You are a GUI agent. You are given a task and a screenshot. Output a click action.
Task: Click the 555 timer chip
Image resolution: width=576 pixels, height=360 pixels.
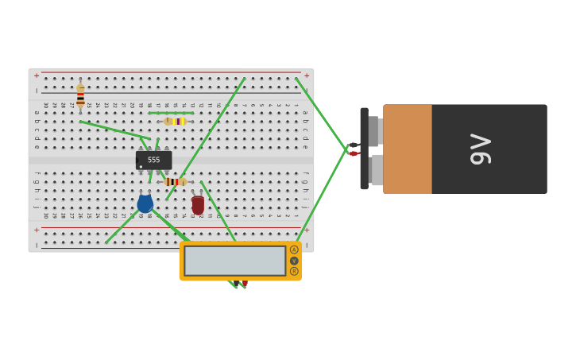(x=153, y=160)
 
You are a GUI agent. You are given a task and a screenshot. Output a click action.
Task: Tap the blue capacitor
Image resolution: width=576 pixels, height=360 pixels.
(x=145, y=203)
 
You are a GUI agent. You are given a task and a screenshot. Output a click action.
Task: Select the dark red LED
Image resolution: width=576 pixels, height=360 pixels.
(x=198, y=204)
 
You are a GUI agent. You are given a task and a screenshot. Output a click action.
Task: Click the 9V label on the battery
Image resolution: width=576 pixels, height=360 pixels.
(x=480, y=149)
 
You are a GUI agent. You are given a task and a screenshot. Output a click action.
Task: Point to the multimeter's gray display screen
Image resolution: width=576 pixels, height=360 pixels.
(x=234, y=261)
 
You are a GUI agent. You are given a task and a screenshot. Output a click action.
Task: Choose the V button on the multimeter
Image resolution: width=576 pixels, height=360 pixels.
(x=294, y=261)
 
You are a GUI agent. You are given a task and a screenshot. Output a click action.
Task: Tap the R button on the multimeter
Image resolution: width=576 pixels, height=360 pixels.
(x=294, y=272)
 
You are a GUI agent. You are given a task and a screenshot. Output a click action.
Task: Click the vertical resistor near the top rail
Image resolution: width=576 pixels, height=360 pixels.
(x=80, y=95)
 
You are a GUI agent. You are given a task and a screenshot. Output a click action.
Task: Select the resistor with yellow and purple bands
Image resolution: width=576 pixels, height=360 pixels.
(x=175, y=122)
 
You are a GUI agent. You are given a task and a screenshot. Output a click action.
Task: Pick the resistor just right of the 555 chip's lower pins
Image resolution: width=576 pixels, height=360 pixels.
(x=176, y=182)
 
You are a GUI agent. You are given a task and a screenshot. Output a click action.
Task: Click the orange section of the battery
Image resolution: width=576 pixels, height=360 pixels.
(x=408, y=149)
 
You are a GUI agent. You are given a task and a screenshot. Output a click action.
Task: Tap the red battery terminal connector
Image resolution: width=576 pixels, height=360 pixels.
(x=354, y=153)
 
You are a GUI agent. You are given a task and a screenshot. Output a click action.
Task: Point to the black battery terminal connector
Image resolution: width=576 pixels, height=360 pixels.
(x=354, y=145)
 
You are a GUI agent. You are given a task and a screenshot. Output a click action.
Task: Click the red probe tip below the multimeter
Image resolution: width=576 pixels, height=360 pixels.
(x=245, y=284)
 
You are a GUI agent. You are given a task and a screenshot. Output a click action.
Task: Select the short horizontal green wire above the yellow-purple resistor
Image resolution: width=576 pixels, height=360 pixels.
(x=170, y=113)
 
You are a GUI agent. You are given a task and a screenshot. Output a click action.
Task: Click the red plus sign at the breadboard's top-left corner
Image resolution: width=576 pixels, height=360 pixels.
(x=36, y=75)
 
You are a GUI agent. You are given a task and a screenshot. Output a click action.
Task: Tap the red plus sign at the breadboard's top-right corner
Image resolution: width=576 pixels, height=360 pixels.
(x=307, y=75)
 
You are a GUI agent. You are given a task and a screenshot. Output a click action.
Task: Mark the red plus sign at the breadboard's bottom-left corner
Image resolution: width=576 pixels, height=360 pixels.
(x=36, y=230)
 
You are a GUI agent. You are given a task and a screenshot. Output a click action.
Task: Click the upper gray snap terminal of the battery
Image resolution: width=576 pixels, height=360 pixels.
(x=375, y=131)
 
